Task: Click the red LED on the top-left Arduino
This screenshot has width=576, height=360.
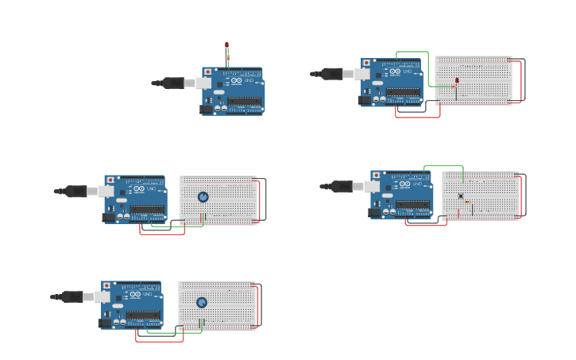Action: point(226,46)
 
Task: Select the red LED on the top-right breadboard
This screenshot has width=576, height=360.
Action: point(457,80)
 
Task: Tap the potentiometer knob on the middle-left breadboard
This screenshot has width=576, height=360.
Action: point(203,197)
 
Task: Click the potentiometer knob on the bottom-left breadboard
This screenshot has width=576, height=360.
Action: point(201,302)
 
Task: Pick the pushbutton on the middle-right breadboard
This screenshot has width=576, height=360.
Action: point(460,195)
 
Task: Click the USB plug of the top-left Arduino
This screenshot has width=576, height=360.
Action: point(174,83)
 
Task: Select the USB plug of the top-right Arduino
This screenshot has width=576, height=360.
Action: point(333,74)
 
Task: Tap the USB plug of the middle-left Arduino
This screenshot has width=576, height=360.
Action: point(76,191)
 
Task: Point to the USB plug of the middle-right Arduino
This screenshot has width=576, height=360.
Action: point(342,187)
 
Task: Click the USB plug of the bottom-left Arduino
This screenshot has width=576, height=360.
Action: point(73,296)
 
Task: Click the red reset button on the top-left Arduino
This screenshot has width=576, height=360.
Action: point(208,72)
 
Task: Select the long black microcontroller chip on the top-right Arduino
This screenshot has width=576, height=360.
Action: point(403,92)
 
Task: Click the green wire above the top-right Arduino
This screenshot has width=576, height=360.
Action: point(412,52)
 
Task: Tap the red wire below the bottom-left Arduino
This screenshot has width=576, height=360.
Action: point(159,341)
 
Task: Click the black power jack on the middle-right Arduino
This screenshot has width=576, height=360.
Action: point(375,212)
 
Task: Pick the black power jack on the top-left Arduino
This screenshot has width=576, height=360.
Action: point(207,109)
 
